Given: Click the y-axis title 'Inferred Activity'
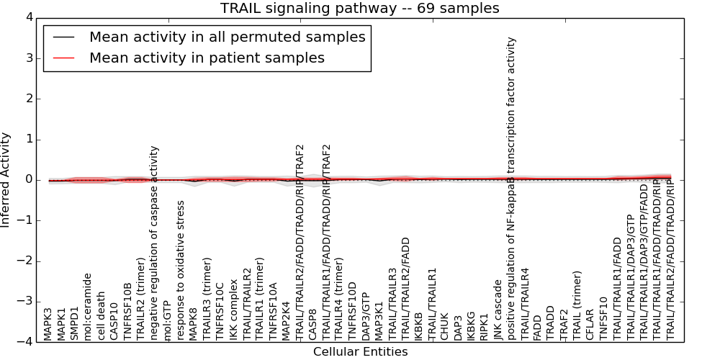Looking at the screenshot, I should pyautogui.click(x=6, y=179).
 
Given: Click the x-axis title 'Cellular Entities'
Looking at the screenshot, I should pyautogui.click(x=360, y=352).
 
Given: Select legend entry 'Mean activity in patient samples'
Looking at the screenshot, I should pyautogui.click(x=207, y=58).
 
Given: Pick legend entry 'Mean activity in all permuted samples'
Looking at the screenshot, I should pyautogui.click(x=227, y=37).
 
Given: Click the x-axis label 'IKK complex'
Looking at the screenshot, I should pyautogui.click(x=233, y=310).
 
